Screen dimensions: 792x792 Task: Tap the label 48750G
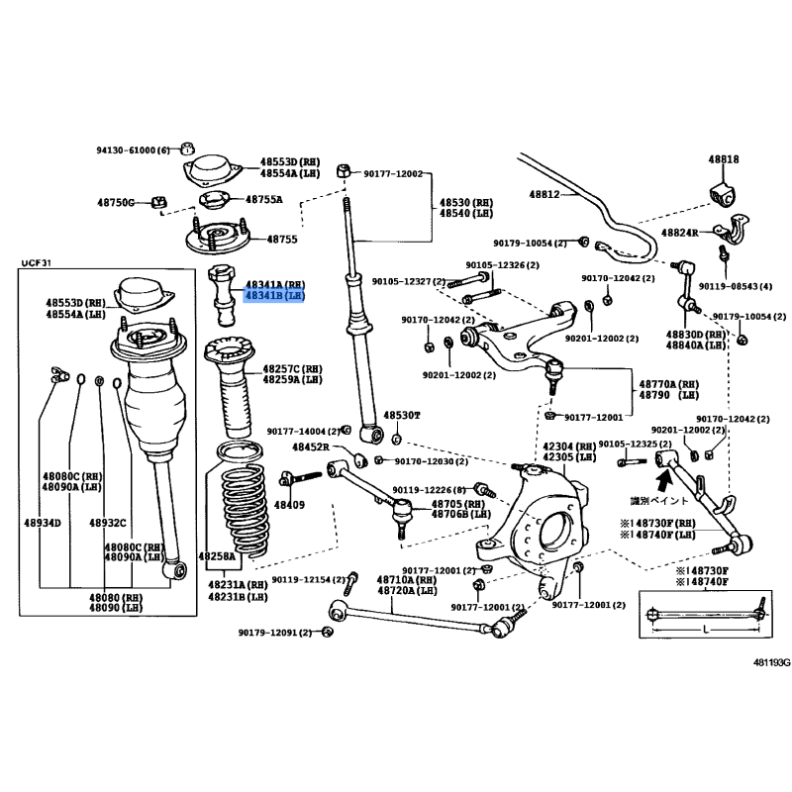tap(117, 201)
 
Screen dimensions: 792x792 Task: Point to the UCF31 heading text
tap(36, 262)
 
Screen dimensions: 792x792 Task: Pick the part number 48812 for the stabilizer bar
tap(544, 194)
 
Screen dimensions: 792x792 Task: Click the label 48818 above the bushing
tap(723, 158)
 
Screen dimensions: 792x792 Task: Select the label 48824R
tap(678, 231)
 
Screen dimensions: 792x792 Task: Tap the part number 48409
tap(290, 504)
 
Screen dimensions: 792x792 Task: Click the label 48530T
tap(403, 415)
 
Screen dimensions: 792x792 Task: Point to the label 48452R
tap(310, 447)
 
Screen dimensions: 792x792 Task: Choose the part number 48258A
tap(216, 556)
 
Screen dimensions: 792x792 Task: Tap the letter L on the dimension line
tap(704, 631)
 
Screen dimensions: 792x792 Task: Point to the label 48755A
tap(263, 199)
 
